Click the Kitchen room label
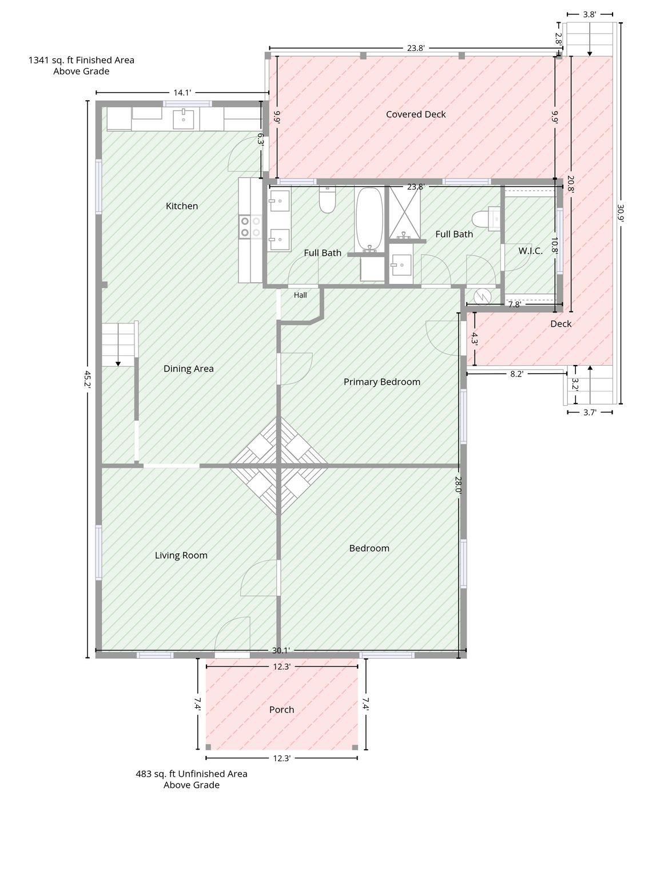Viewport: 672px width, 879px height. [182, 206]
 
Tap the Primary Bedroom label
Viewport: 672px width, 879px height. [382, 382]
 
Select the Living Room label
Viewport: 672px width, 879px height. [181, 555]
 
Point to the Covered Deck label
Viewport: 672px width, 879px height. [415, 114]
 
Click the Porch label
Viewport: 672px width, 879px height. [281, 710]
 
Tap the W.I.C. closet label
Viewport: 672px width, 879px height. [530, 251]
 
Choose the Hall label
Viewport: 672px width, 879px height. [300, 295]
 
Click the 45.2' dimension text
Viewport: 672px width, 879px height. [88, 379]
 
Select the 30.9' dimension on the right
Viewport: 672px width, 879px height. [621, 213]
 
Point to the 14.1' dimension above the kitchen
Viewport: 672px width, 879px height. [182, 93]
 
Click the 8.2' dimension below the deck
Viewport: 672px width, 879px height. [516, 374]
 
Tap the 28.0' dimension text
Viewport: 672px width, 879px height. [458, 485]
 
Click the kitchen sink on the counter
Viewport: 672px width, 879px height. [184, 119]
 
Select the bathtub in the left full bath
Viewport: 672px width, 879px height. [369, 219]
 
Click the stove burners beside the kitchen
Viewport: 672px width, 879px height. [250, 227]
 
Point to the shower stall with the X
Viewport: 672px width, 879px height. [405, 212]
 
